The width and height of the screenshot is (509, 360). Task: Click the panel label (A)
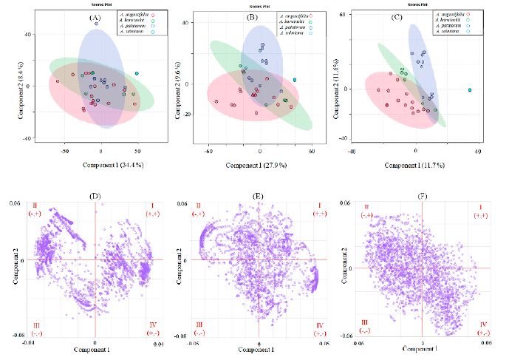[94, 16]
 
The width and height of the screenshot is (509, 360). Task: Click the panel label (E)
[259, 197]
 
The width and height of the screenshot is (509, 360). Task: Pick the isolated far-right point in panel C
[469, 90]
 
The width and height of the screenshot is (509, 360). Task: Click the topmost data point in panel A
[96, 24]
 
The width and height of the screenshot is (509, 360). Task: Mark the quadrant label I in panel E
[319, 205]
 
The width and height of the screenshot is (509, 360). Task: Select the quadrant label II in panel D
[34, 205]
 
